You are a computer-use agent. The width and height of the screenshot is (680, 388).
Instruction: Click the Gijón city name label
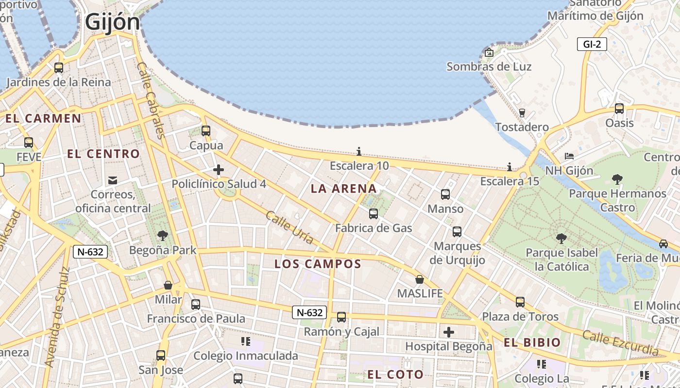(112, 22)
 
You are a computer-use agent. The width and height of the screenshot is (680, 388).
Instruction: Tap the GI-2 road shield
(592, 45)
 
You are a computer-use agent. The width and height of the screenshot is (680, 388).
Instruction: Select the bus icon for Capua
(206, 130)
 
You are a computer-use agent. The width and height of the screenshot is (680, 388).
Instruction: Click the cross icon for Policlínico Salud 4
(219, 170)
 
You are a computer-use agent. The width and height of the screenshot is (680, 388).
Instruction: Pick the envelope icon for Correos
(113, 180)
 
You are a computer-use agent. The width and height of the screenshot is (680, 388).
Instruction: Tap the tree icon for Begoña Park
(163, 236)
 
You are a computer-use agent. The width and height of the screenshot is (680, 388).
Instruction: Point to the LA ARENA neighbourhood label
(343, 189)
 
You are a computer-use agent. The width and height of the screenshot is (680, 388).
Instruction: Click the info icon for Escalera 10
(359, 151)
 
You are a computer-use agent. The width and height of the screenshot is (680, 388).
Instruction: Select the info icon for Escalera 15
(510, 167)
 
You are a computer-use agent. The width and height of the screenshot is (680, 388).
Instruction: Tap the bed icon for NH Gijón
(569, 156)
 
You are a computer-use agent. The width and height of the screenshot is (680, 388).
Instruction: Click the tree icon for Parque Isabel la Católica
(561, 238)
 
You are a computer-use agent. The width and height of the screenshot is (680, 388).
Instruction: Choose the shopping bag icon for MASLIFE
(420, 279)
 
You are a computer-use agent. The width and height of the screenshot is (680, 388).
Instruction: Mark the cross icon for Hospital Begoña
(449, 332)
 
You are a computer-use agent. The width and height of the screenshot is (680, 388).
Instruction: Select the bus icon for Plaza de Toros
(520, 302)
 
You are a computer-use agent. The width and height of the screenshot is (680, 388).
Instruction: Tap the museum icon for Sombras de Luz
(489, 52)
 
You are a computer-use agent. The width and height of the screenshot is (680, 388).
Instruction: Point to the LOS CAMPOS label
(318, 264)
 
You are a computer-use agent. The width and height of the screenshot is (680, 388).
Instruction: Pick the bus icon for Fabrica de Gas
(374, 213)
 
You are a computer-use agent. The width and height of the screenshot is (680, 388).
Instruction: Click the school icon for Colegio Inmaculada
(246, 341)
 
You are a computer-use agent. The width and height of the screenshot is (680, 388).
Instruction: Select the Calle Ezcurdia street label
(620, 342)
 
